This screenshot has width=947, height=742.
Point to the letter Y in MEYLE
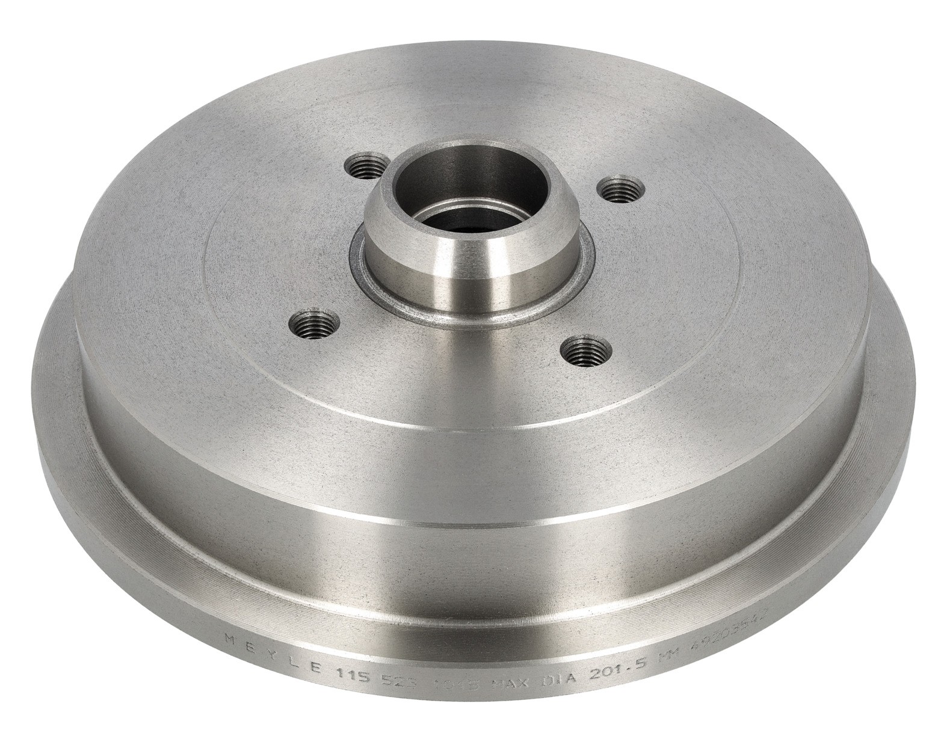(269, 660)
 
